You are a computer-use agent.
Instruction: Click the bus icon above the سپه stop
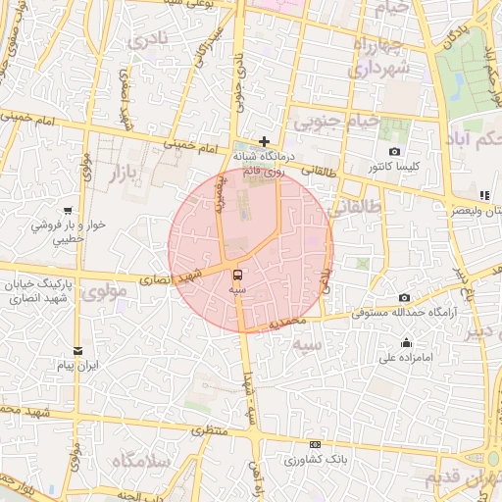[238, 275]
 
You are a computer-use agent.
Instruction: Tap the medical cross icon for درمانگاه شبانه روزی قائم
[264, 141]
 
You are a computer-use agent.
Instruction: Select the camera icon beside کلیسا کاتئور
[394, 152]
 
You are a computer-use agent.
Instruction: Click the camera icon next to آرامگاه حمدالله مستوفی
[404, 297]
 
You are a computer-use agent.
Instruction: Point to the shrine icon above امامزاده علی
[406, 342]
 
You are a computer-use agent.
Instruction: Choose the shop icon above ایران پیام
[78, 351]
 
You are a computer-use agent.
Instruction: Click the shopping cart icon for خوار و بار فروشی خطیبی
[68, 210]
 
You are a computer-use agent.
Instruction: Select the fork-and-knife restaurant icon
[483, 195]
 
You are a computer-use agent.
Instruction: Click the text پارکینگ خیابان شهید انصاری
[39, 291]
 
